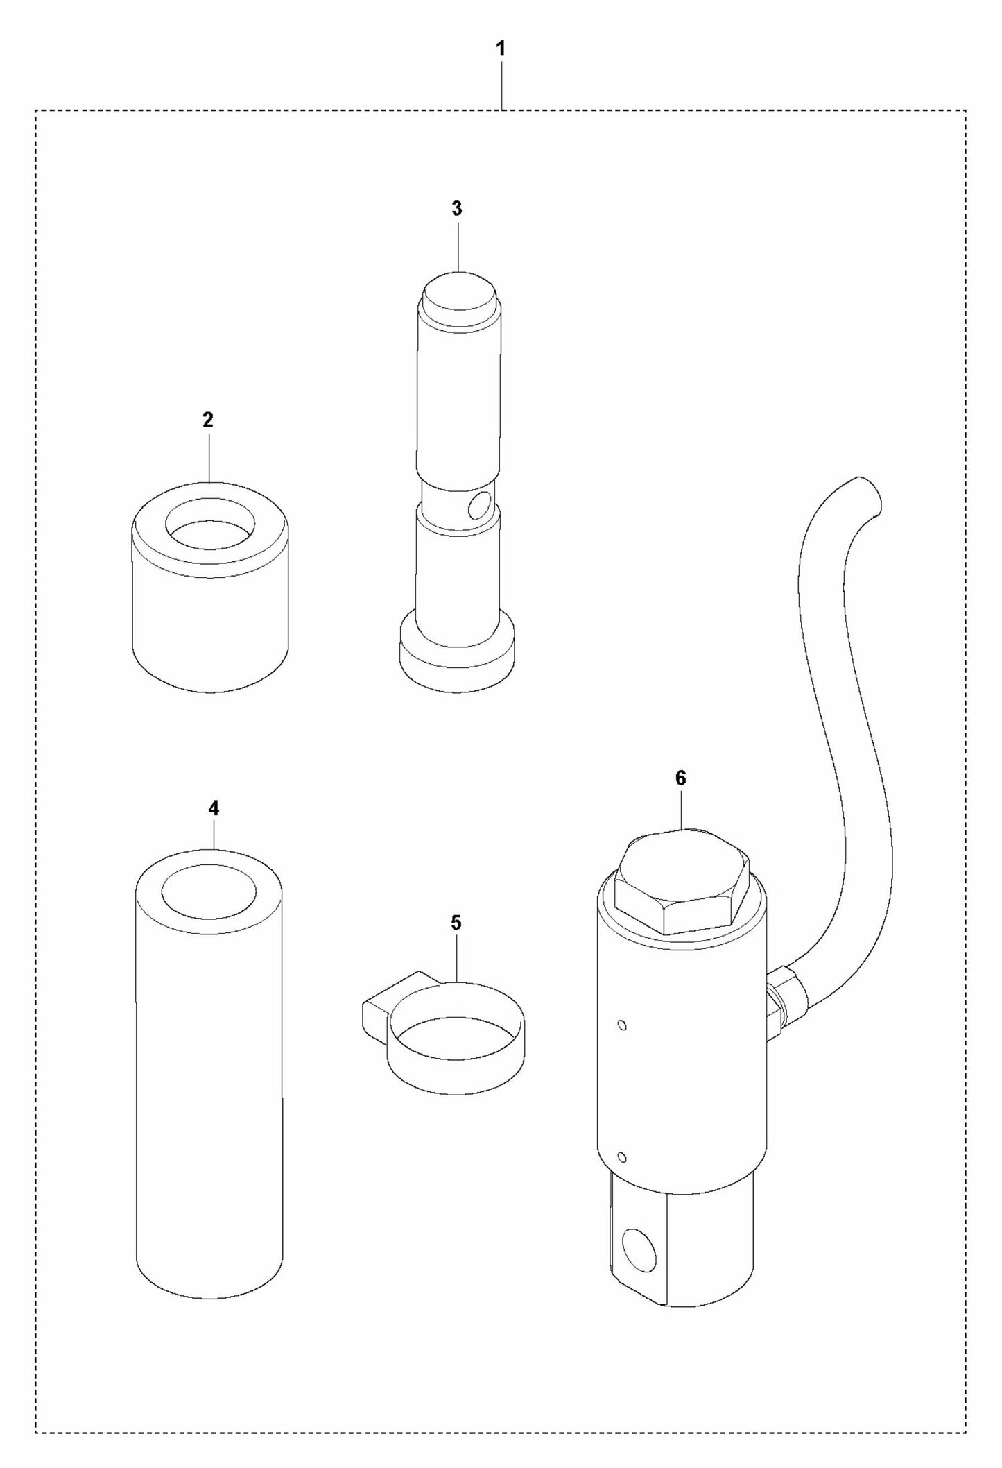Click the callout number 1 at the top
(x=501, y=49)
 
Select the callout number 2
(x=208, y=420)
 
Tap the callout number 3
(x=456, y=208)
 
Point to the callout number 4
(x=214, y=808)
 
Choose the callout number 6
(x=680, y=778)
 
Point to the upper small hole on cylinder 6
(x=622, y=1025)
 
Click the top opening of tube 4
(x=209, y=891)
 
